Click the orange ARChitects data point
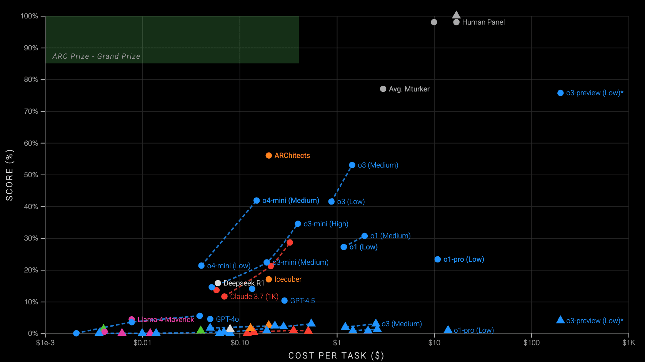pos(269,156)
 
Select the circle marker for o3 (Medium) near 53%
pos(352,165)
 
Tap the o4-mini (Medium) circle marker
pos(257,201)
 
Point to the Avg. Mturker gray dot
pos(383,89)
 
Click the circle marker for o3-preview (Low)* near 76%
pos(560,93)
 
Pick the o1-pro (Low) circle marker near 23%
pos(438,259)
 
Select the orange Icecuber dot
pos(269,279)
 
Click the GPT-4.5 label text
pos(302,301)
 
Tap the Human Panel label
pos(483,22)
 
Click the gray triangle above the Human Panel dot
pos(456,15)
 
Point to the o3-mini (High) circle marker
pos(298,224)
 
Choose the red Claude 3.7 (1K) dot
pos(225,296)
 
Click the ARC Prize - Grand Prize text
pos(96,56)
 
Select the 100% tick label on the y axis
pos(29,16)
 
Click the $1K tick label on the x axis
pos(628,342)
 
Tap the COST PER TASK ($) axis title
pos(336,355)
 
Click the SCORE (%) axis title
pos(10,175)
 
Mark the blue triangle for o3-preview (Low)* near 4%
pos(560,320)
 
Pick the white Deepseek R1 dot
pos(218,283)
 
